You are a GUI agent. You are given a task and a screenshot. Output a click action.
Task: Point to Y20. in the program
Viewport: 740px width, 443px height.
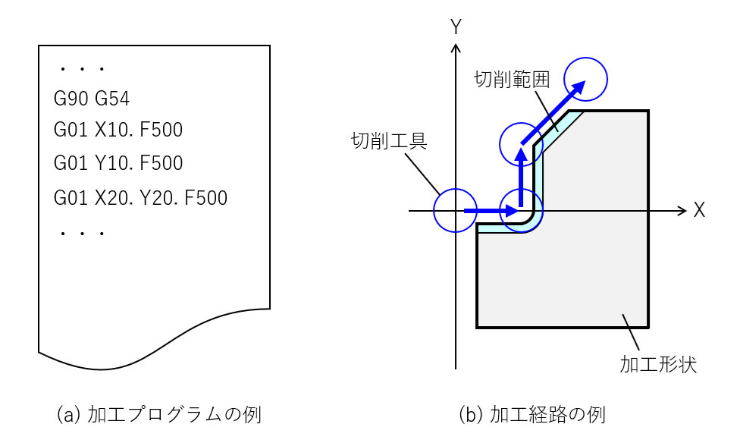pos(160,198)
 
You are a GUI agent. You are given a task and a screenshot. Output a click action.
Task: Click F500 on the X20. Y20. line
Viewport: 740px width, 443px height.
pos(206,198)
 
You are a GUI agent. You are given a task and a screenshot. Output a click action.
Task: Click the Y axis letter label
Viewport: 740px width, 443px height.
pos(456,27)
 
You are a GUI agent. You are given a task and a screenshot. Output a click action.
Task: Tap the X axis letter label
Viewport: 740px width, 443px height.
pos(699,211)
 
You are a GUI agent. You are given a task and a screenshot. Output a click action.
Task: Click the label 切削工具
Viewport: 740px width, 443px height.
pos(389,141)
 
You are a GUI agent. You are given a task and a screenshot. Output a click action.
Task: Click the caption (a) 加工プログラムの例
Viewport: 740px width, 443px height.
pos(159,415)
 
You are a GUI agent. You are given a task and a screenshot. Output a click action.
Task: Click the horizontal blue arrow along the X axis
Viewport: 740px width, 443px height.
pos(489,210)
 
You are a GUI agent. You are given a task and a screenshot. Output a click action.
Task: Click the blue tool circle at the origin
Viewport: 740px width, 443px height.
pos(456,210)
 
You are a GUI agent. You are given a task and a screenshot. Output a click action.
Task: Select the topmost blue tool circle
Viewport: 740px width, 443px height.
pos(586,80)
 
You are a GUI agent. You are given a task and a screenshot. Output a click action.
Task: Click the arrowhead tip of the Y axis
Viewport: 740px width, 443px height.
pos(456,48)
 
